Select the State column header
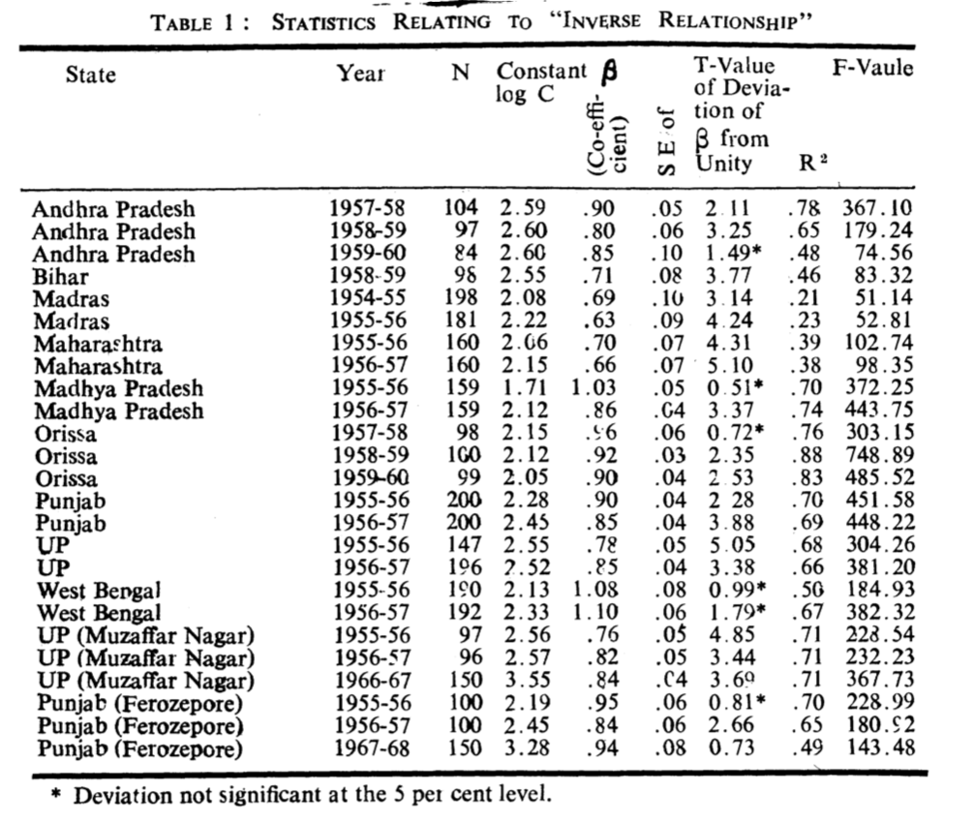click(90, 75)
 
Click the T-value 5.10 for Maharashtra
click(726, 366)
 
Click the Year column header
click(360, 73)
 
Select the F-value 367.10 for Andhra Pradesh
click(877, 208)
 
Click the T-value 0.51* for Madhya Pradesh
click(732, 388)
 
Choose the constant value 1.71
click(524, 388)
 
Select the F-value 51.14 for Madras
click(882, 299)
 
